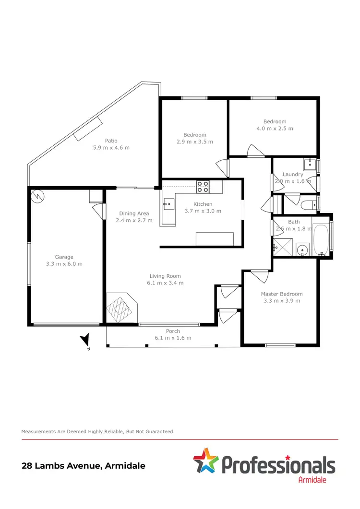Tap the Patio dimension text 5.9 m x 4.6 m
pyautogui.click(x=111, y=148)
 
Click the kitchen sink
pyautogui.click(x=168, y=204)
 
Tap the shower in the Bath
pyautogui.click(x=282, y=249)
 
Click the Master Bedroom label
pyautogui.click(x=282, y=294)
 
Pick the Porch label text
pyautogui.click(x=173, y=331)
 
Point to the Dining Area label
pyautogui.click(x=134, y=213)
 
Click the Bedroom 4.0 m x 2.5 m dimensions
pyautogui.click(x=275, y=129)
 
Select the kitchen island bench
pyautogui.click(x=215, y=238)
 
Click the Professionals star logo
pyautogui.click(x=205, y=460)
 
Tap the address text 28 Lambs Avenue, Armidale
pyautogui.click(x=84, y=465)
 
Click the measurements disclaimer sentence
pyautogui.click(x=97, y=432)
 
